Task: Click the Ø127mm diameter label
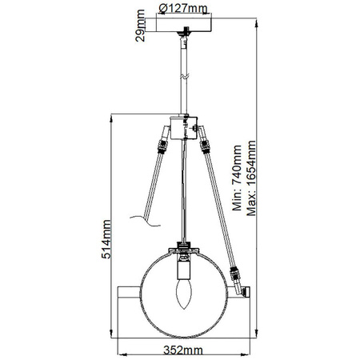pos(182,9)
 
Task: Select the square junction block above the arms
pos(184,127)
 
